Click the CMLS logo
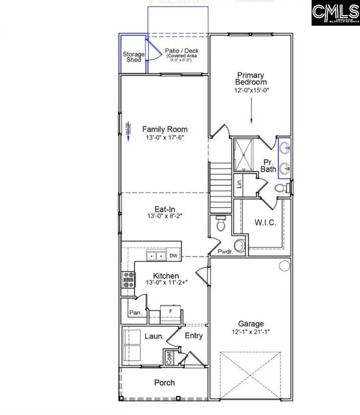pyautogui.click(x=335, y=14)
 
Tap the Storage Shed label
pyautogui.click(x=134, y=57)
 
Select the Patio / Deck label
pyautogui.click(x=182, y=51)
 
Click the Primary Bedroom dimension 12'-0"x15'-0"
pyautogui.click(x=251, y=91)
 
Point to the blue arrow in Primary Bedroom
pyautogui.click(x=251, y=111)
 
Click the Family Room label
pyautogui.click(x=164, y=129)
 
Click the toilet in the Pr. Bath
pyautogui.click(x=281, y=188)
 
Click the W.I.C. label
pyautogui.click(x=265, y=222)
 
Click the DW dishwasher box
pyautogui.click(x=173, y=256)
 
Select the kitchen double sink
pyautogui.click(x=156, y=256)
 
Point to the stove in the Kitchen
pyautogui.click(x=128, y=279)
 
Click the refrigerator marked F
pyautogui.click(x=170, y=312)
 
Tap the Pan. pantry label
pyautogui.click(x=135, y=313)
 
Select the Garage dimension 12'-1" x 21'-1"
pyautogui.click(x=251, y=333)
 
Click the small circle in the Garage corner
pyautogui.click(x=284, y=265)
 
